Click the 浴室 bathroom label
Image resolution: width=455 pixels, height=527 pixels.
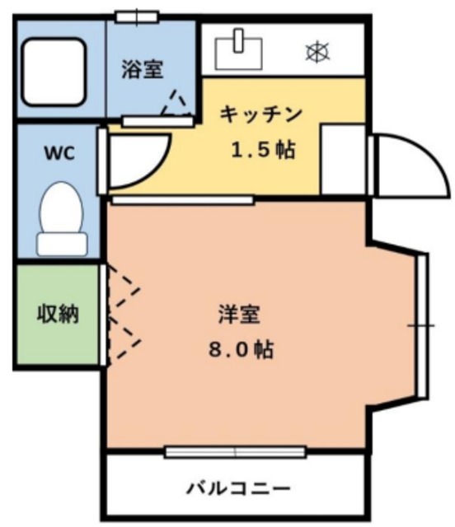pos(143,69)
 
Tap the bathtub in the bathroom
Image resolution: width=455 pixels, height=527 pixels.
pos(54,72)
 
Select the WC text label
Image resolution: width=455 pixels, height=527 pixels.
pos(57,153)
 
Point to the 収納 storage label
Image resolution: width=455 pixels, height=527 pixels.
pos(56,313)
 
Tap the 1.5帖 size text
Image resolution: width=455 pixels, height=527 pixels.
pos(262,151)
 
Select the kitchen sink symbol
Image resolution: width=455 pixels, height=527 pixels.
pos(238,49)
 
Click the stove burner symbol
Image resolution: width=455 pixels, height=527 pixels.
pos(317,51)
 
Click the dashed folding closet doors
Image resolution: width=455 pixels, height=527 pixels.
pos(124,313)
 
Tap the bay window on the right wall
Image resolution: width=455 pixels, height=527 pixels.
pos(421,325)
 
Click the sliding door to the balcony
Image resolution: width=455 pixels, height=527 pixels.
pos(235,451)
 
